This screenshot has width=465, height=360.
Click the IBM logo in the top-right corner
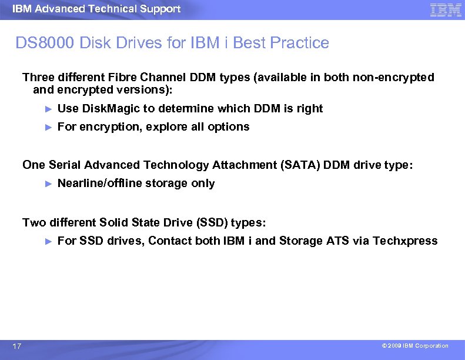click(x=445, y=10)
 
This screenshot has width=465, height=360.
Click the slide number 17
click(x=17, y=346)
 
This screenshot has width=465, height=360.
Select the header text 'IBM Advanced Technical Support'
click(x=96, y=9)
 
